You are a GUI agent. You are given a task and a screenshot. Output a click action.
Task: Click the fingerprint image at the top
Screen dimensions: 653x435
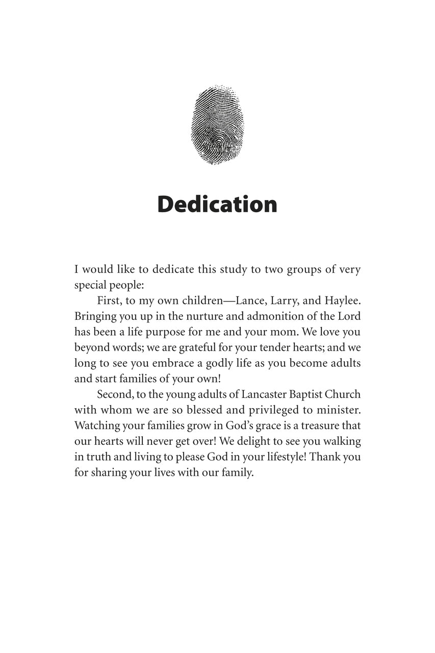point(217,125)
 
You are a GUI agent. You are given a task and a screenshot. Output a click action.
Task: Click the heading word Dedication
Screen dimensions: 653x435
point(217,204)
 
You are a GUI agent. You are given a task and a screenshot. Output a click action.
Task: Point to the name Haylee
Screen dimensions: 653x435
point(342,301)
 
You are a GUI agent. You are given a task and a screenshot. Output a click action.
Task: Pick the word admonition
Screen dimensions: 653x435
point(268,317)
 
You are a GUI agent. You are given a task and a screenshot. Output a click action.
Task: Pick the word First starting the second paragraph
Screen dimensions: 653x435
point(108,301)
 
